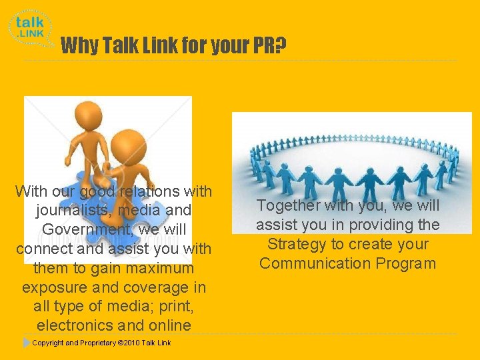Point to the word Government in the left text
click(78, 230)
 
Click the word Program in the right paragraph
click(407, 263)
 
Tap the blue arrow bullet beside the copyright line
click(26, 343)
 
